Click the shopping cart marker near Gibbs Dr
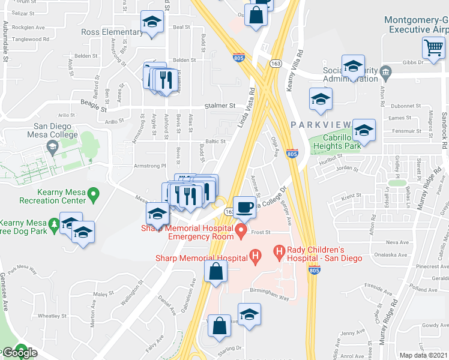coord(433,47)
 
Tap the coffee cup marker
coord(244,207)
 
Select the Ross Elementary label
coord(112,32)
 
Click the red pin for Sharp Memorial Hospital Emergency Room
coord(241,230)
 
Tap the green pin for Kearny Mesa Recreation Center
coord(93,194)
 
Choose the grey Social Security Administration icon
coord(385,74)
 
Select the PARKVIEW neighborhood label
coord(321,124)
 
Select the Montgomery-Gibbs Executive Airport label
coord(417,25)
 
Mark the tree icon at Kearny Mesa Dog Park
coord(55,224)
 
